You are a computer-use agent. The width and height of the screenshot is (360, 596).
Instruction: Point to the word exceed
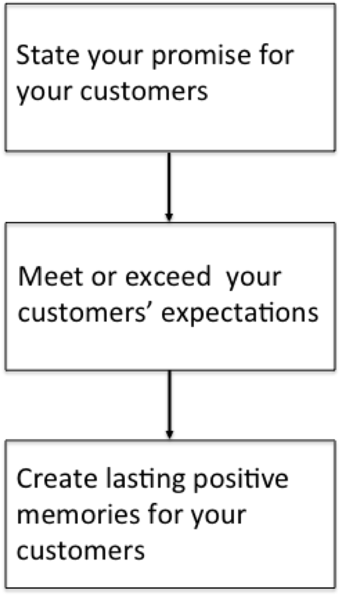pos(168,276)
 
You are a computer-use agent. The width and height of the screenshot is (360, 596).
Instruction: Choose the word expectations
pos(240,315)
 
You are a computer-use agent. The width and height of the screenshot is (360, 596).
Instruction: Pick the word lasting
pos(145,480)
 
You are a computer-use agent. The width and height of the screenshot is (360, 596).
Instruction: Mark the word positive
pos(241,480)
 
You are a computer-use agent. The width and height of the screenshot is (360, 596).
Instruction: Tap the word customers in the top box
pos(144,92)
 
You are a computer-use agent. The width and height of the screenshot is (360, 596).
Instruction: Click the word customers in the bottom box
pos(80,550)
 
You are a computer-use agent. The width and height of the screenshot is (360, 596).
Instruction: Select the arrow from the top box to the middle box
pos(169,187)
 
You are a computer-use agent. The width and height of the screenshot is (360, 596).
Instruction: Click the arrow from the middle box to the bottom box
pos(169,405)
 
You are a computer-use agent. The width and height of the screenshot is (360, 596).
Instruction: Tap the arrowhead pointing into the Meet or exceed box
pos(169,217)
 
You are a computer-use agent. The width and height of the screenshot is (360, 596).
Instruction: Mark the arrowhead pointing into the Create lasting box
pos(169,434)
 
